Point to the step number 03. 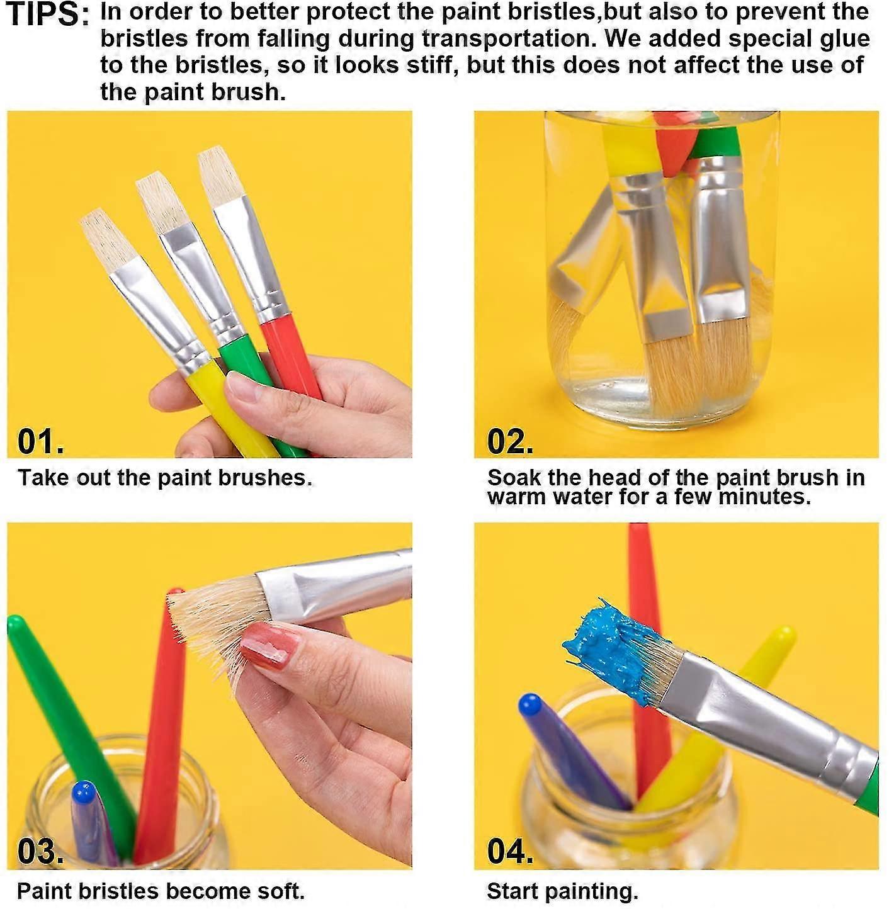pyautogui.click(x=40, y=851)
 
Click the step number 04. pyautogui.click(x=510, y=851)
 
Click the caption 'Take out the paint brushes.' pyautogui.click(x=165, y=478)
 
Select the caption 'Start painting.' pyautogui.click(x=562, y=891)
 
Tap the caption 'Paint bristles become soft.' pyautogui.click(x=161, y=891)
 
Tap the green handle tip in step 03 pyautogui.click(x=16, y=624)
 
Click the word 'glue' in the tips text pyautogui.click(x=849, y=39)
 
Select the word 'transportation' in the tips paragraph pyautogui.click(x=509, y=39)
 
